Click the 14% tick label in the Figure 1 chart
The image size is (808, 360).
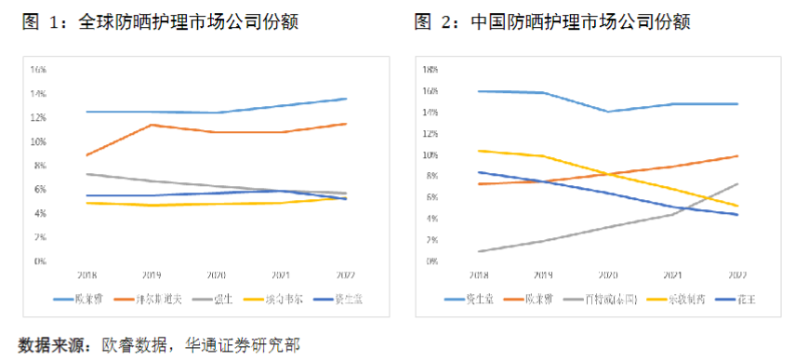[x=38, y=94]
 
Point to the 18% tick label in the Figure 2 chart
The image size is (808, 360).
[x=430, y=70]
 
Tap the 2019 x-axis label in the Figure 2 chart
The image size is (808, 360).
[x=544, y=275]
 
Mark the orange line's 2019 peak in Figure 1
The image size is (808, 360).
[x=152, y=125]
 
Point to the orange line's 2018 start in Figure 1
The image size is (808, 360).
[x=86, y=155]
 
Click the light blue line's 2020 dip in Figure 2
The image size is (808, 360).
[x=609, y=112]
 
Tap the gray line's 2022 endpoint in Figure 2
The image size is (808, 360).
[x=737, y=183]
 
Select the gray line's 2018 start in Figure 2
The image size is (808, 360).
[x=479, y=251]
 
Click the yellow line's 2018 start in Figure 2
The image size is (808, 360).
[x=479, y=151]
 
